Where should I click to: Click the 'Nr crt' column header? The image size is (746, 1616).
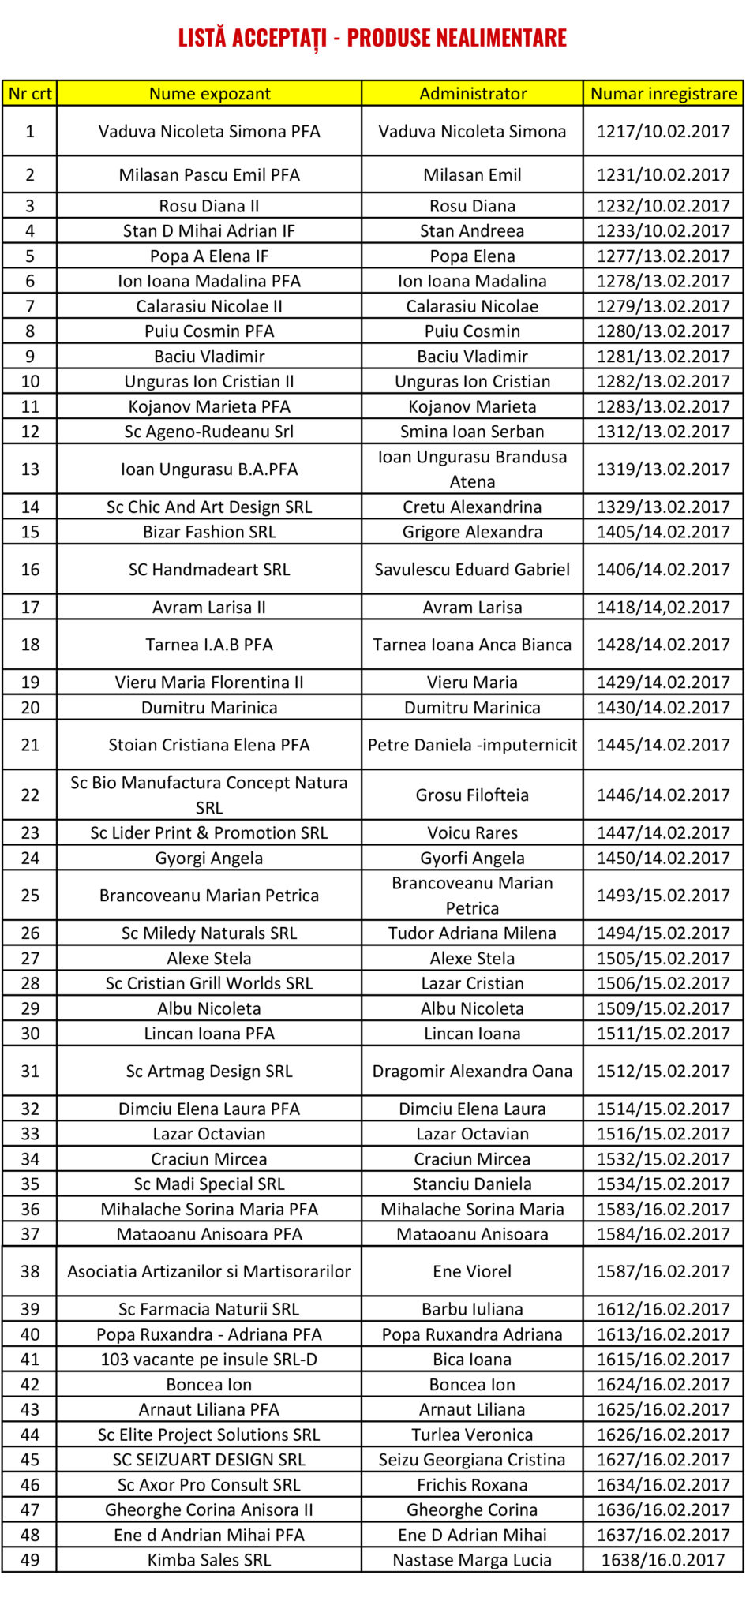tap(30, 94)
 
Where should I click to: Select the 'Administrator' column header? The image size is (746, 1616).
tap(472, 94)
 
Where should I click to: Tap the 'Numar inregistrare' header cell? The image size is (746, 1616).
tap(663, 94)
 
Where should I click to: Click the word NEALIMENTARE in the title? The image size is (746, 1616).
tap(457, 37)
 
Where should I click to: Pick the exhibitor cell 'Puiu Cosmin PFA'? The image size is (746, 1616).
tap(209, 331)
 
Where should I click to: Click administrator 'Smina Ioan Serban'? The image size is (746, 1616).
tap(472, 432)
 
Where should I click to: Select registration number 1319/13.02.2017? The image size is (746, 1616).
tap(663, 469)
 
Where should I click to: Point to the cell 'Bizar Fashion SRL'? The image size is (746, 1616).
tap(209, 532)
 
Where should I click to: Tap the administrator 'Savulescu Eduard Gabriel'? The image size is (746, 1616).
tap(472, 570)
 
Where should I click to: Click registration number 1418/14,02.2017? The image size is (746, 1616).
tap(663, 608)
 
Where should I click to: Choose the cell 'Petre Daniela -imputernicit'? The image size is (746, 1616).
tap(472, 745)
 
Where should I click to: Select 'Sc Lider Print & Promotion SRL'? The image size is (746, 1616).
tap(209, 833)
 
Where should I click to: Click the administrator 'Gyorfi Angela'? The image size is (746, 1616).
tap(472, 858)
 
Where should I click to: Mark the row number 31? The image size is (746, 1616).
tap(30, 1072)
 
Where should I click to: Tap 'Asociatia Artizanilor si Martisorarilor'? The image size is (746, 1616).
tap(209, 1272)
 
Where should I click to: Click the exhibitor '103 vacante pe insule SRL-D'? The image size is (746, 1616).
tap(209, 1360)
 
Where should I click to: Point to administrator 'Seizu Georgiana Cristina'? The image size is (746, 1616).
tap(472, 1460)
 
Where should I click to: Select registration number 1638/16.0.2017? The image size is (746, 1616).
tap(663, 1560)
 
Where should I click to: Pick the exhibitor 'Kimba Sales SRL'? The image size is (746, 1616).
tap(209, 1560)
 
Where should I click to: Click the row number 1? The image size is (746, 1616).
tap(30, 132)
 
